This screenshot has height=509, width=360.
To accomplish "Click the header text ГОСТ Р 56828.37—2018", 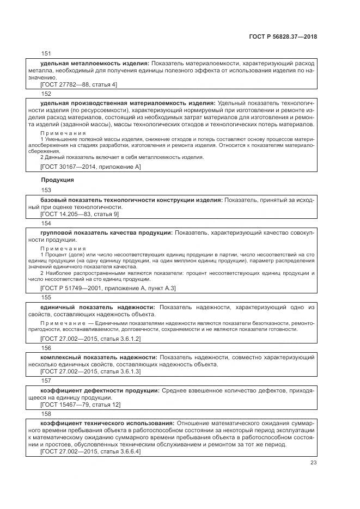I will click(x=283, y=37).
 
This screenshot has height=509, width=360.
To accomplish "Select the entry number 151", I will click(x=46, y=53).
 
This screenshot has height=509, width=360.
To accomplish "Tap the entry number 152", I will click(x=46, y=94).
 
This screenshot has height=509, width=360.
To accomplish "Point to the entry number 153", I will click(x=46, y=190).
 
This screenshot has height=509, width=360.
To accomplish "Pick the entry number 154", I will click(x=46, y=223).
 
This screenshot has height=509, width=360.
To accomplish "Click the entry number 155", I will click(x=46, y=297).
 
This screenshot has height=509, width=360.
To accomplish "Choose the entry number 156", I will click(x=46, y=348).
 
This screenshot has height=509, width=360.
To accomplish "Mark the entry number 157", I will click(x=46, y=381).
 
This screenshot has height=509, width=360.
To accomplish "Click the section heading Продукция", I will click(x=57, y=179).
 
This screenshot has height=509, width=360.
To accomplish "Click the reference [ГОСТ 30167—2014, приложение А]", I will click(x=90, y=167).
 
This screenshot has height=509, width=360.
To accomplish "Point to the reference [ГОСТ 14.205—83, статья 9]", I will click(x=80, y=214).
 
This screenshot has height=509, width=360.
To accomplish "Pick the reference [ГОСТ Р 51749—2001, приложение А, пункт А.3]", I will click(x=108, y=288).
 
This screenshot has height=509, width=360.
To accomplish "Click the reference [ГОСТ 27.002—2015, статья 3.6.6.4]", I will click(x=90, y=452).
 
